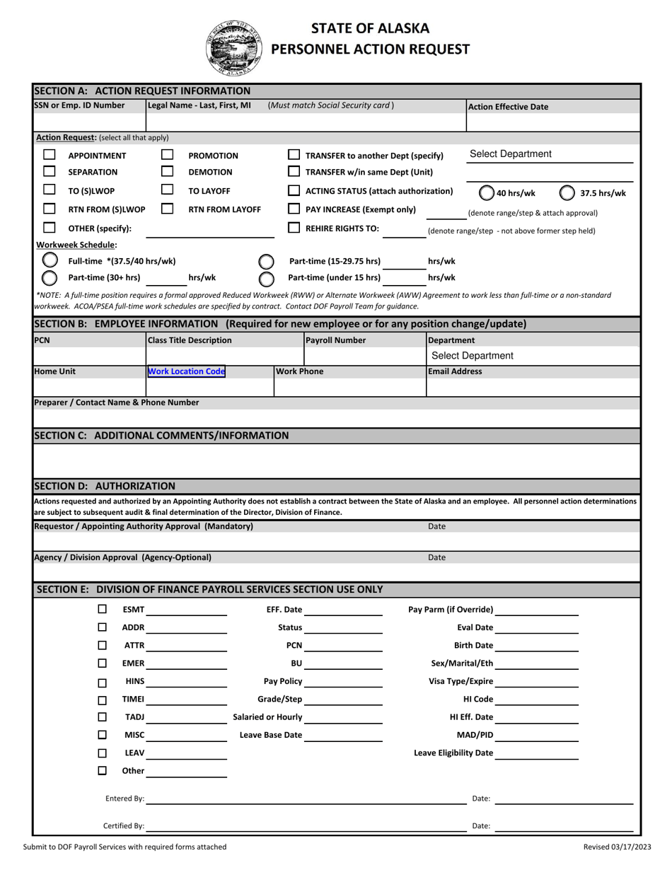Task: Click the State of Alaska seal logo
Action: coord(231,47)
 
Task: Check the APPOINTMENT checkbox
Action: coord(50,155)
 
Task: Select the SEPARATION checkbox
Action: coord(50,172)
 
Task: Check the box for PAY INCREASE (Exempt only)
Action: coord(294,209)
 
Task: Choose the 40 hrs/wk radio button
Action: coord(487,192)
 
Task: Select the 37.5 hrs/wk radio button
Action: coord(567,192)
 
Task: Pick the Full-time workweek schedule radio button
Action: coord(50,261)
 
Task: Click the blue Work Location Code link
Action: coord(186,371)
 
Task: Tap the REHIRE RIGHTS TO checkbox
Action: coord(294,228)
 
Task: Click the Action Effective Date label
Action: coord(508,107)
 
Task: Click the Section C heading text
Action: coord(161,435)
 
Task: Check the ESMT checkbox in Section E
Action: coord(103,609)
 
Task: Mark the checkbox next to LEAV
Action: coord(103,753)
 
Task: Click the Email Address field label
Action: coord(455,371)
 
